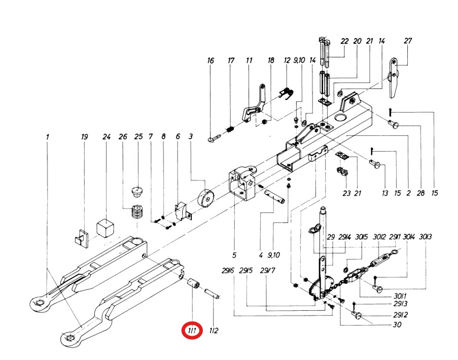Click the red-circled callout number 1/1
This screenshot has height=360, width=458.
click(193, 331)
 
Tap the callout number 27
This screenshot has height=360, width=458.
click(408, 41)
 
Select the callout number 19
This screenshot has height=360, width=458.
click(85, 137)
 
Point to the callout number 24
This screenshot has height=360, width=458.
click(107, 137)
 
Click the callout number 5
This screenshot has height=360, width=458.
click(235, 255)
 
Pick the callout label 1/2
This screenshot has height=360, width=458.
click(213, 331)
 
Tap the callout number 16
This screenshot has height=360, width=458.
click(211, 61)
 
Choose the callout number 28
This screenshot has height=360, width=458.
click(420, 193)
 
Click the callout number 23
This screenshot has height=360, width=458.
click(346, 193)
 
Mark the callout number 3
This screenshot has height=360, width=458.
click(190, 137)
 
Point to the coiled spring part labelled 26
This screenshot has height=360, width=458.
click(135, 211)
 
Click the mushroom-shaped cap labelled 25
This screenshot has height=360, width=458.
click(137, 192)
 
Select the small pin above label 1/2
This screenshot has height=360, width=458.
click(212, 294)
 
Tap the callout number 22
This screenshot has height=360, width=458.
click(345, 41)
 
